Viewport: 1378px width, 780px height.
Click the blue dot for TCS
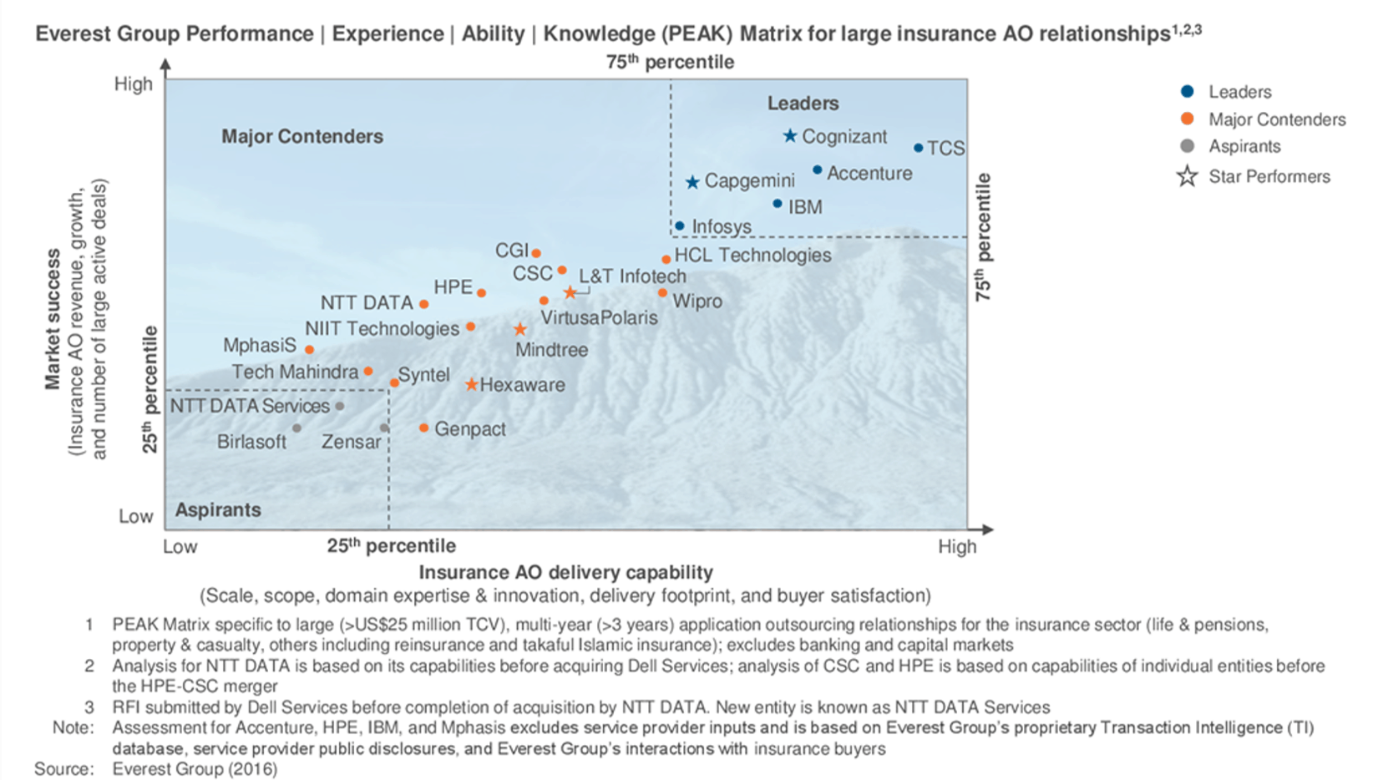click(918, 148)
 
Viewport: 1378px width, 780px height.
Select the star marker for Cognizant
click(789, 135)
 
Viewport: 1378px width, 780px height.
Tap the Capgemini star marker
click(692, 182)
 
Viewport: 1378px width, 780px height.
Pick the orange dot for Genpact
click(423, 428)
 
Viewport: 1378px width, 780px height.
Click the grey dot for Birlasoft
click(296, 428)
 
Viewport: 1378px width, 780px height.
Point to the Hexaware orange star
click(471, 384)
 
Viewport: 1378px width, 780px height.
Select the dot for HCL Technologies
click(666, 260)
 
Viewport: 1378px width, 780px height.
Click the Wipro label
click(697, 301)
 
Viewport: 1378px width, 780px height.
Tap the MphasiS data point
click(309, 350)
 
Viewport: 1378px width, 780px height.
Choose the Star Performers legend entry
click(1269, 176)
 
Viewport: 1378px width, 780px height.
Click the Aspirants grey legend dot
click(1187, 146)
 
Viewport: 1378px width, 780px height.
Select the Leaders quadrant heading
click(803, 104)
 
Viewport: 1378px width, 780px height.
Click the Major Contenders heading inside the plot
click(302, 136)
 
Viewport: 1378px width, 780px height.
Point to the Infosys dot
click(679, 226)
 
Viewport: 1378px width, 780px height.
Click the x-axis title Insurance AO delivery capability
click(565, 572)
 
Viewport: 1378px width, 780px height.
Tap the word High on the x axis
click(957, 547)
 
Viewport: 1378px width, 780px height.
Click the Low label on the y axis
click(135, 516)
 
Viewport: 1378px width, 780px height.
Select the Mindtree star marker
click(519, 330)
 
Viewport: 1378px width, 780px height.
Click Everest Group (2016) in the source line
click(195, 768)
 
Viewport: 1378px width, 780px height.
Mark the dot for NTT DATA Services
click(340, 407)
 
